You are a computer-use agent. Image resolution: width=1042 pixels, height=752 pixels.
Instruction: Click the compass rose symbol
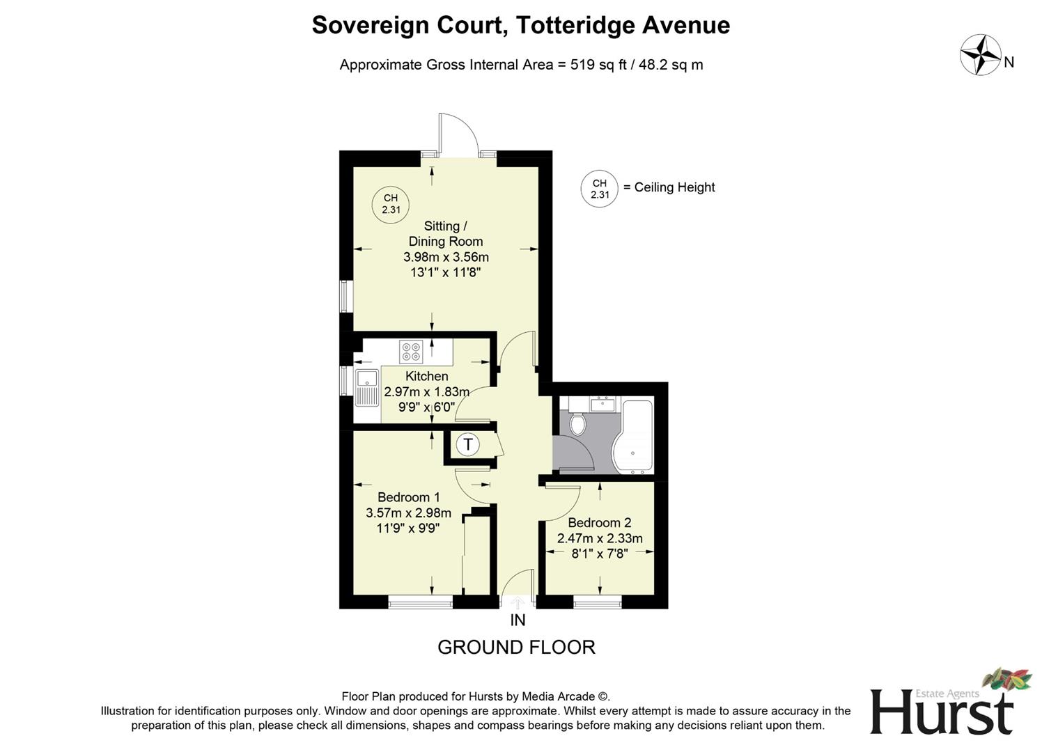[980, 55]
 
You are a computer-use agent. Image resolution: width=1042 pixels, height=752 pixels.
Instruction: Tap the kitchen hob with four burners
[410, 352]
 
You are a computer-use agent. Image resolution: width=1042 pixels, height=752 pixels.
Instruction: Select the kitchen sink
[367, 388]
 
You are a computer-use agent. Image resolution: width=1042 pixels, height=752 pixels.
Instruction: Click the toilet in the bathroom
[577, 422]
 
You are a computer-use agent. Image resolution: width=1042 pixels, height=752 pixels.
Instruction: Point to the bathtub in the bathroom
[633, 436]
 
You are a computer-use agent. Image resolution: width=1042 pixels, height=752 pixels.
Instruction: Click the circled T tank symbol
[468, 444]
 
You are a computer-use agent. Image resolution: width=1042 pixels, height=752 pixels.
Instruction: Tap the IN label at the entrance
[518, 620]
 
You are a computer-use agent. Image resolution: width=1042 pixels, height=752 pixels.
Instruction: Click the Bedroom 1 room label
[408, 497]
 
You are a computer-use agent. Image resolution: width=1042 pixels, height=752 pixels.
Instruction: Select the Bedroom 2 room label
[599, 523]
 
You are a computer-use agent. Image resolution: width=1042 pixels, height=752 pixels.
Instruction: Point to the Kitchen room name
[426, 376]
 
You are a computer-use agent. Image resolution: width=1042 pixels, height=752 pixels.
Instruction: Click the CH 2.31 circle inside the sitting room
[390, 204]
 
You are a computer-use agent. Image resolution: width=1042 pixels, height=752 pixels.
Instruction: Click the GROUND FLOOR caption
[516, 648]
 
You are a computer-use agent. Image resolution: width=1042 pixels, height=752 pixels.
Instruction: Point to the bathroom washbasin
[602, 404]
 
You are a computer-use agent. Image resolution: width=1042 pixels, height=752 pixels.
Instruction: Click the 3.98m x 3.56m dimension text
[446, 257]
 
